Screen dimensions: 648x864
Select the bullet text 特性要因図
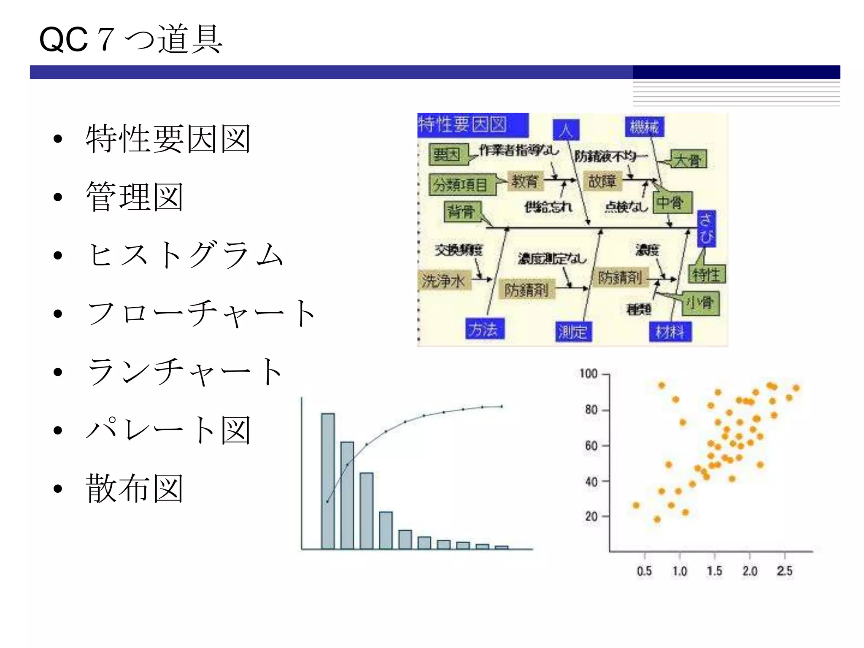coord(168,139)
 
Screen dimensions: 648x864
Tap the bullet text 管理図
coord(134,197)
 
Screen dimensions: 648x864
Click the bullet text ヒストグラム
coord(185,255)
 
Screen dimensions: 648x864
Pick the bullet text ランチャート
coord(185,372)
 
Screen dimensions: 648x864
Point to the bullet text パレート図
coord(168,430)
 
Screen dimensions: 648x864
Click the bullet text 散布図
coord(134,488)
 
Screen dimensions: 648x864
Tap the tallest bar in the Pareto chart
coord(328,481)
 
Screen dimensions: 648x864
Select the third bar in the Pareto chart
coord(366,510)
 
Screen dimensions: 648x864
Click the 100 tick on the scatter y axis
coord(589,374)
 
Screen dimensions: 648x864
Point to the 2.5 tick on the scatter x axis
coord(785,570)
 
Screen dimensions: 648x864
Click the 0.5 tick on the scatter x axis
coord(644,570)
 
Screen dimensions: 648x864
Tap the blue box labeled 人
coord(566,130)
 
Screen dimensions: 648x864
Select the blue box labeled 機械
coord(644,127)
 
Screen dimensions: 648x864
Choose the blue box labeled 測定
coord(572,332)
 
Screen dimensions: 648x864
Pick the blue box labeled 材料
coord(670,332)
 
